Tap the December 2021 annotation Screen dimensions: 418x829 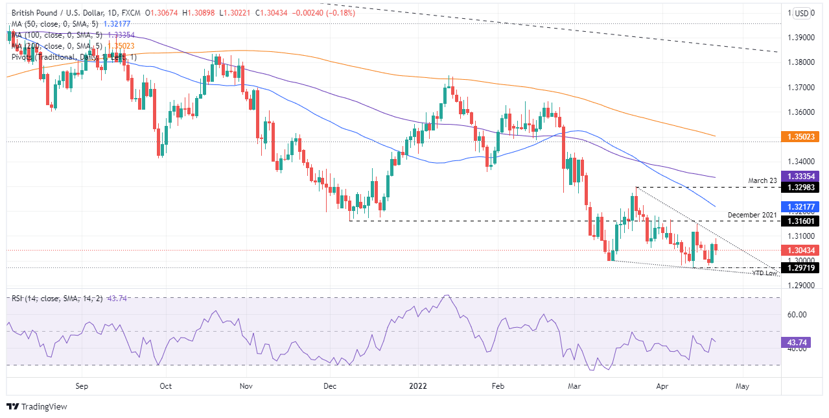click(x=751, y=214)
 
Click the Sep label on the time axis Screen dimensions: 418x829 click(x=81, y=386)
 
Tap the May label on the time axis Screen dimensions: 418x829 click(x=742, y=386)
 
